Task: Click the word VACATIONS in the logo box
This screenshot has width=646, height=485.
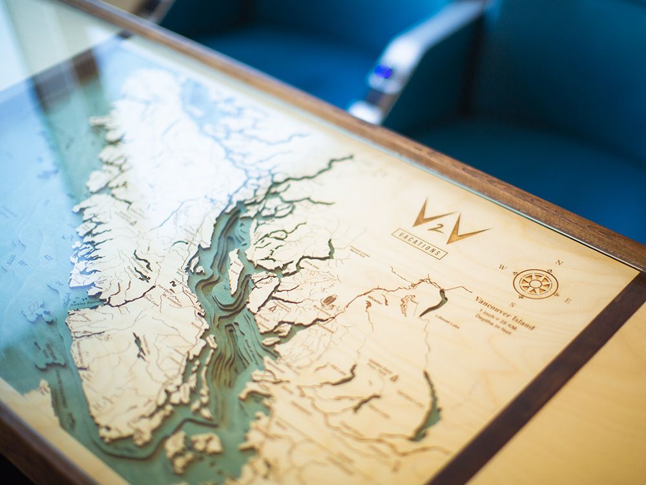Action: point(419,243)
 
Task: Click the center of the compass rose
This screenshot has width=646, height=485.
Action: point(536,283)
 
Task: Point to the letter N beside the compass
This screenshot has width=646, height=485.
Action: point(560,263)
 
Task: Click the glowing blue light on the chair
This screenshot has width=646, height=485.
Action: point(382,72)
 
